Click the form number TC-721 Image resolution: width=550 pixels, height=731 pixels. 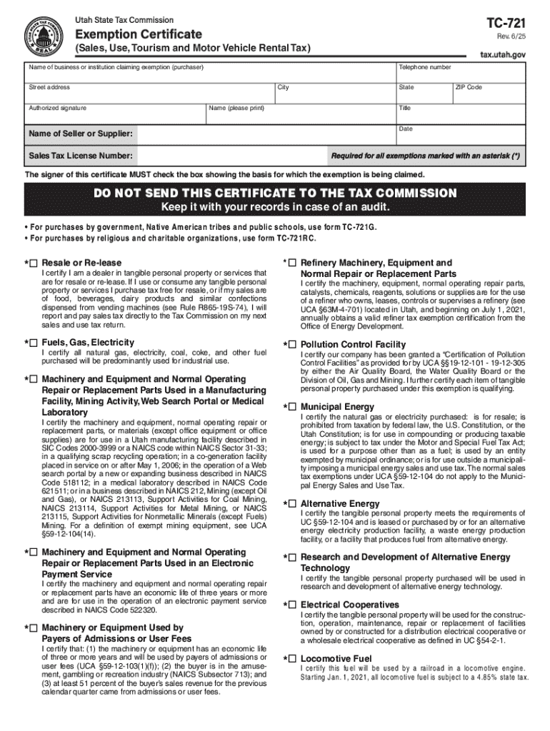coord(505,21)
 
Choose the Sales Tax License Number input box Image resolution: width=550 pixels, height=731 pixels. coord(229,156)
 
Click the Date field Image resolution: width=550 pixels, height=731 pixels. coord(461,136)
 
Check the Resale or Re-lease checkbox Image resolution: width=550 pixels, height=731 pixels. coord(34,263)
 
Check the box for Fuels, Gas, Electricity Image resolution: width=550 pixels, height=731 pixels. coord(34,343)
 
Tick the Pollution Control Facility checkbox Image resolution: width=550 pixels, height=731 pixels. coord(293,344)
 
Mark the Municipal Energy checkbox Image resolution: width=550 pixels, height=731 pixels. coord(293,407)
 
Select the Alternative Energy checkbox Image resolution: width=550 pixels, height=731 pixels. coord(293,504)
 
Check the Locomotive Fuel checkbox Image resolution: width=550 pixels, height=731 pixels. coord(293,658)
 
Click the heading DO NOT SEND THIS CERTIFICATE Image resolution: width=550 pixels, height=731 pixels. coord(275,193)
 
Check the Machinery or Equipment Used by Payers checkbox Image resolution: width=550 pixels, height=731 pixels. coord(34,627)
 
